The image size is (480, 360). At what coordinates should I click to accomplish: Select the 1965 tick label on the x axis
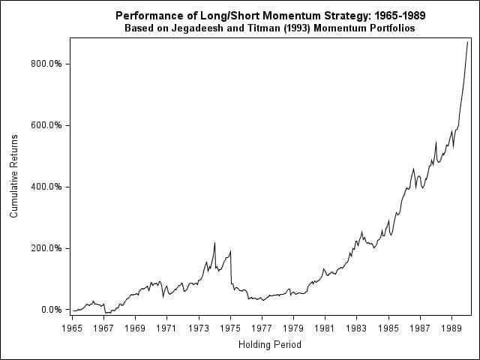coord(72,328)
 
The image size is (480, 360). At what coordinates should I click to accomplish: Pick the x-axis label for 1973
coord(198,328)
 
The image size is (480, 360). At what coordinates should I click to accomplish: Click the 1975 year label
coord(230,328)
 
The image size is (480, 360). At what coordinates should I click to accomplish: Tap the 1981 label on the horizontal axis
coord(325,328)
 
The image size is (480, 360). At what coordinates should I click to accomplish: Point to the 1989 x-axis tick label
coord(451,328)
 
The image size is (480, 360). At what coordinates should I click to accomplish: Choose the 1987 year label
coord(420,328)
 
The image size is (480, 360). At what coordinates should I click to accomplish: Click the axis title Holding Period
coord(269,345)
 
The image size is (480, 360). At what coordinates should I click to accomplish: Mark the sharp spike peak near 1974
coord(214,243)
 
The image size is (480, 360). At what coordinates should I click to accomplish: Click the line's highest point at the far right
coord(467,42)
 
